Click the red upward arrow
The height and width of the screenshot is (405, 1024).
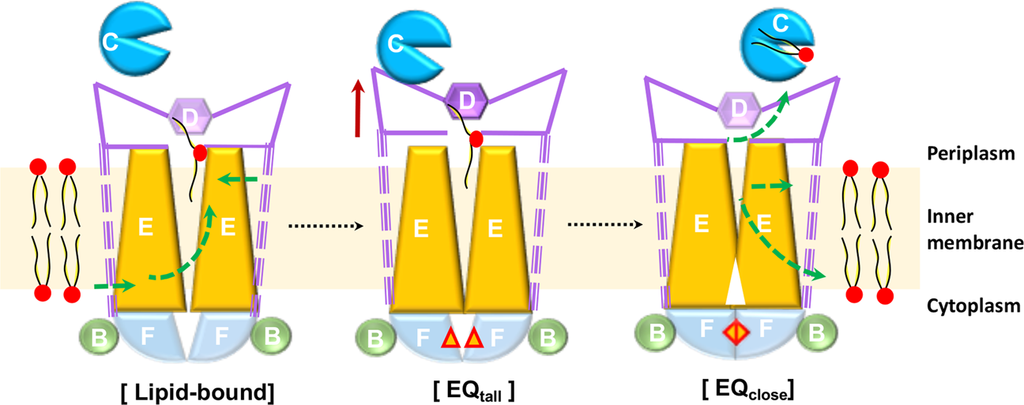pos(358,110)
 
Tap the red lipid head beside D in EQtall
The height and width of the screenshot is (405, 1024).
pos(476,140)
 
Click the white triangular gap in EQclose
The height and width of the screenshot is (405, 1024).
pos(736,288)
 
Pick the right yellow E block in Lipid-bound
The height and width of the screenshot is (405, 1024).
pos(228,229)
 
